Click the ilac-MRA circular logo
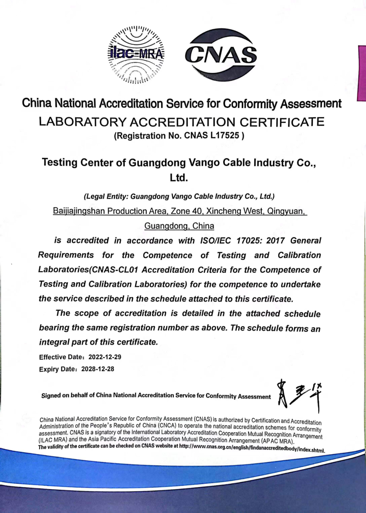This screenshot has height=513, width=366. tap(136, 55)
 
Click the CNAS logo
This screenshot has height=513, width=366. tap(221, 55)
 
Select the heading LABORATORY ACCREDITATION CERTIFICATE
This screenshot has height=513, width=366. tap(182, 122)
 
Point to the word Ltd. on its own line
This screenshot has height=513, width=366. tap(179, 177)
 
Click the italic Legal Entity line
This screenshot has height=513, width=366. tap(179, 196)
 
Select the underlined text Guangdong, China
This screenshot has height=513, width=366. tap(179, 226)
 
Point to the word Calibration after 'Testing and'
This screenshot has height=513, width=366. tap(299, 255)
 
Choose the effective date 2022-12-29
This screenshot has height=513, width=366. tap(105, 357)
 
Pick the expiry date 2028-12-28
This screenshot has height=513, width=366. tap(98, 369)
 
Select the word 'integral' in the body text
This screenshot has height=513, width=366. tap(54, 342)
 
